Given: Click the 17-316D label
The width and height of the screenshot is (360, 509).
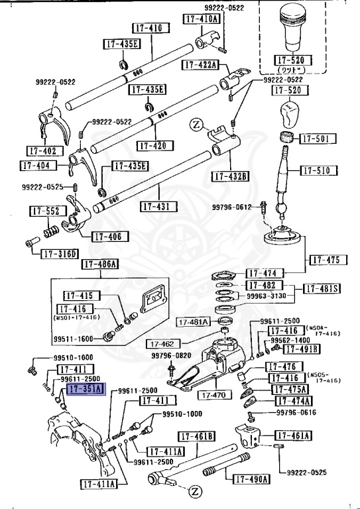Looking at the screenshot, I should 60,253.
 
